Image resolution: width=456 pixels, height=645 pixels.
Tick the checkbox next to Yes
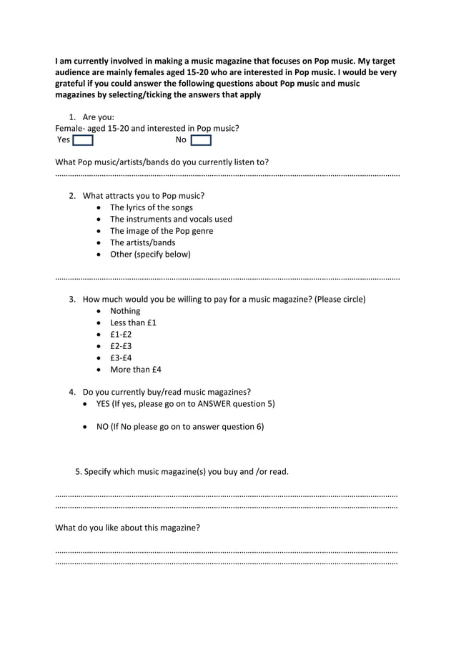(83, 140)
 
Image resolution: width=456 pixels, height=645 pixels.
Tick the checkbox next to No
(201, 140)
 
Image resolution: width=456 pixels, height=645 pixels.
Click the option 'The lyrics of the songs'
(151, 207)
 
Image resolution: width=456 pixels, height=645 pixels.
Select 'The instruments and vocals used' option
(171, 219)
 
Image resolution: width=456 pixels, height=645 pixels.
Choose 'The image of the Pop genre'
(161, 231)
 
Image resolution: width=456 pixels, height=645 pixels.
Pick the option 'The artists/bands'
(142, 242)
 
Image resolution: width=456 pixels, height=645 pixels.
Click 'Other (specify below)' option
(150, 254)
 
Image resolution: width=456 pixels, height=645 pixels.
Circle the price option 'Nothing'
(125, 311)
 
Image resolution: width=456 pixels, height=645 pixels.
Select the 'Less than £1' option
(133, 322)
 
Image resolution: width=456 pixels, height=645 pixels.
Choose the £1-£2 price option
(121, 335)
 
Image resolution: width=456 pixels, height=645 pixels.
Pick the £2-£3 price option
(121, 346)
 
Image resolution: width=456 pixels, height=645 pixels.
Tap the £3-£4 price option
(121, 358)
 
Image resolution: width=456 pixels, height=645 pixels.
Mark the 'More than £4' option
(135, 370)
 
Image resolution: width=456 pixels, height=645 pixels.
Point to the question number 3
(72, 299)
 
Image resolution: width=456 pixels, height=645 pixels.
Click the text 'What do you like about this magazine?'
(128, 528)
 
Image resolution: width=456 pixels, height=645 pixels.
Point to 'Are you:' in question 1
(99, 117)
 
